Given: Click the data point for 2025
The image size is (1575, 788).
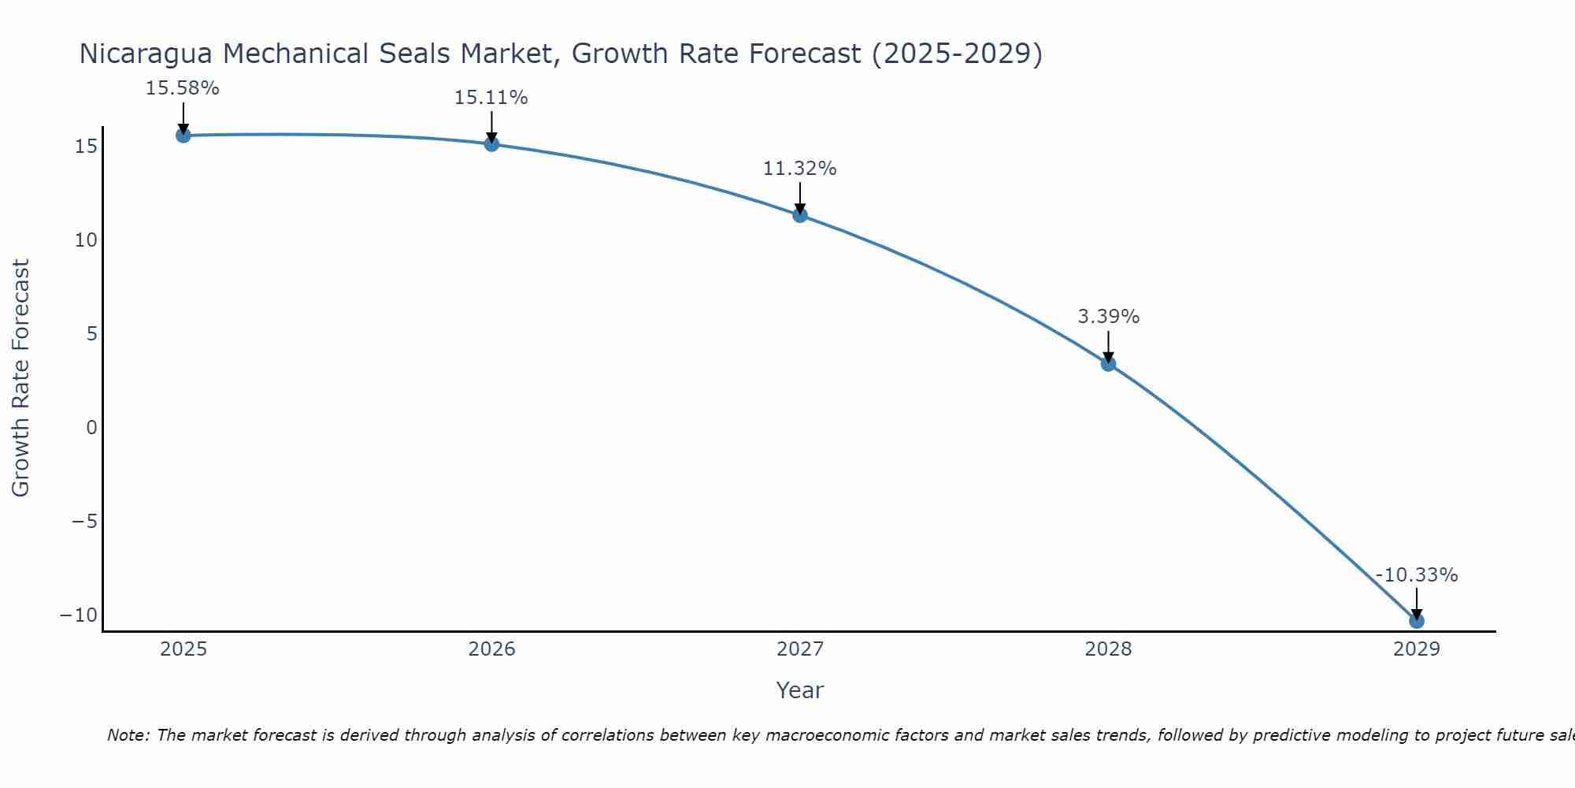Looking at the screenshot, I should click(183, 136).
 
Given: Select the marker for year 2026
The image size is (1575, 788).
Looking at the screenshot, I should click(491, 144).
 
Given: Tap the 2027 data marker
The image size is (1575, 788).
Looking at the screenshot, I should click(800, 215).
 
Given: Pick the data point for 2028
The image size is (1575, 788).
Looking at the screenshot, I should click(1108, 363).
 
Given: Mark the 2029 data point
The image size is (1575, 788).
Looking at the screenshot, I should click(1417, 621).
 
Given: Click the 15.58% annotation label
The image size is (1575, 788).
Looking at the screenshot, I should click(182, 88).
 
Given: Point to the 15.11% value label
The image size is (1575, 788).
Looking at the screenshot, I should click(491, 98).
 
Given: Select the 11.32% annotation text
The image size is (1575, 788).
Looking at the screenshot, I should click(799, 169).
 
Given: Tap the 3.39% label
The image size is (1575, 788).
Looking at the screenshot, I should click(1108, 317).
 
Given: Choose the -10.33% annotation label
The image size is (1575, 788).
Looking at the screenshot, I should click(1417, 575).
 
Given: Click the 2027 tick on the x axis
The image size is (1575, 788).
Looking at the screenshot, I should click(800, 649).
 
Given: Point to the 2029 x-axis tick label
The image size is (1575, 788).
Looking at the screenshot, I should click(1417, 649).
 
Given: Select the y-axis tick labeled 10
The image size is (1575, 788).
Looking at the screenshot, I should click(86, 240).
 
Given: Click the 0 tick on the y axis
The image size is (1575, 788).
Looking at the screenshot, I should click(92, 428).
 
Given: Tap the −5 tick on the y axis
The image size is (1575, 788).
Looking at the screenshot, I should click(84, 522).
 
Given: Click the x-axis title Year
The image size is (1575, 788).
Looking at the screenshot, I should click(799, 690).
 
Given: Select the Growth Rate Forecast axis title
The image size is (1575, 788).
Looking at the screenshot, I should click(21, 377).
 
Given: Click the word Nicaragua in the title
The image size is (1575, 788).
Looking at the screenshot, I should click(147, 54).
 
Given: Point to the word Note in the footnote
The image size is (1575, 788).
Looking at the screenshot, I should click(127, 735).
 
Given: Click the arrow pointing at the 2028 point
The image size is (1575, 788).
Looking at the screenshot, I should click(1108, 347).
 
